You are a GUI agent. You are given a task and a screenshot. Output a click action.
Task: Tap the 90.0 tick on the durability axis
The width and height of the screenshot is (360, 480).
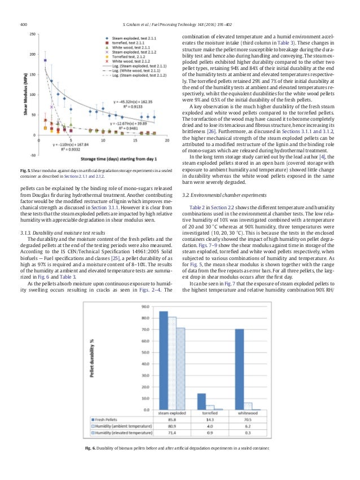[x=144, y=307]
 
